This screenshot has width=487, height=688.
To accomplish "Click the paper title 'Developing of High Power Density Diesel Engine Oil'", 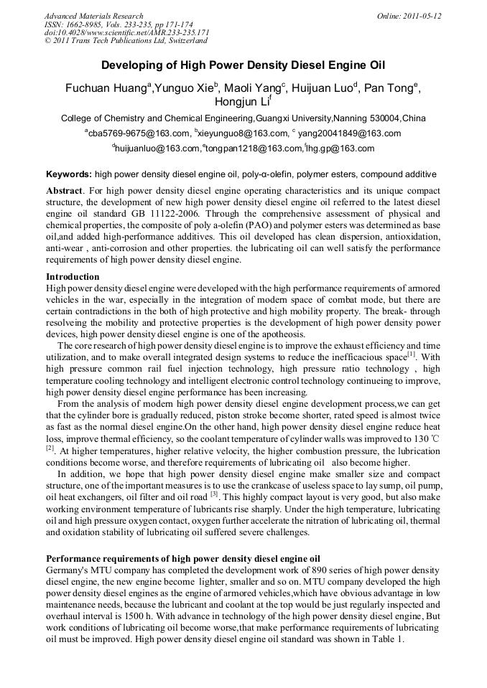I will tap(243, 65).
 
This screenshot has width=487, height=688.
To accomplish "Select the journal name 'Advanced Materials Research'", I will tap(93, 16).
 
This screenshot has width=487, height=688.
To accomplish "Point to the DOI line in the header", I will tap(126, 32).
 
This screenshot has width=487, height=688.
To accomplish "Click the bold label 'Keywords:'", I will tap(69, 174).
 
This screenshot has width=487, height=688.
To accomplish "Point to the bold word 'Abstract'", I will tap(65, 192).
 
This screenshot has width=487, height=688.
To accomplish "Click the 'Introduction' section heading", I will tap(73, 276).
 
